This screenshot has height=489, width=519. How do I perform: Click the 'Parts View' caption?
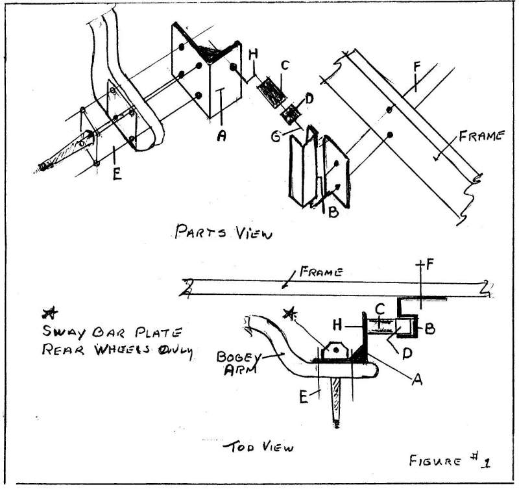pos(223,232)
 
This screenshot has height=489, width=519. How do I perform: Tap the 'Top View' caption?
pos(258,447)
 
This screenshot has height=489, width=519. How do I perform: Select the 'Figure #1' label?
pos(450,460)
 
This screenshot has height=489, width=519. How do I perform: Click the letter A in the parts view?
pos(222,135)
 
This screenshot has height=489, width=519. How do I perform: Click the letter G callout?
pos(275,136)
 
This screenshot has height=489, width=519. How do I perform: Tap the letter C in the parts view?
pos(284,65)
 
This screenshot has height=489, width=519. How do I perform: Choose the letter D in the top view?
pos(407,353)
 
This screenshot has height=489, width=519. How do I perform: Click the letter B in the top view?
pos(429,329)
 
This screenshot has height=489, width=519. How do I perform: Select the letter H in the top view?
pos(337,325)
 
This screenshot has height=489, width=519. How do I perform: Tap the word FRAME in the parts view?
pos(481,136)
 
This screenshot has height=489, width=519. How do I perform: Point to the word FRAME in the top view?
pos(320,271)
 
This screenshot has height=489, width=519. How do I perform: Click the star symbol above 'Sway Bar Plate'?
pos(50,312)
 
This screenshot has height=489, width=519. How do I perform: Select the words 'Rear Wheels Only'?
pos(117,351)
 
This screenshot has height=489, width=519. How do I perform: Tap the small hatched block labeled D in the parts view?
pos(291,114)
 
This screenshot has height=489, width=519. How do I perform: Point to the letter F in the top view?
pos(429,265)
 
